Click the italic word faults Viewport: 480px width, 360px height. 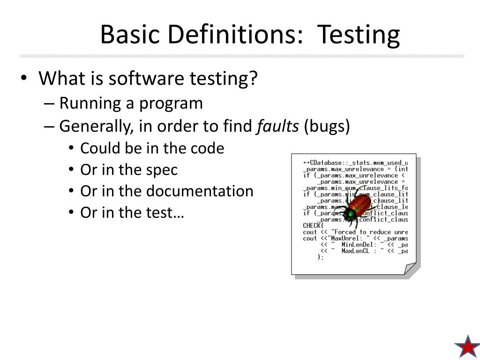click(x=277, y=127)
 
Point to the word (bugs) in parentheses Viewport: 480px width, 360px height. click(x=327, y=127)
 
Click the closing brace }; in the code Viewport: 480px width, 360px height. click(x=321, y=257)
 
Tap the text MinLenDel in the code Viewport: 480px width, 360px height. click(x=357, y=244)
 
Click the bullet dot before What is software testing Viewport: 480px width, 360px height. click(x=24, y=79)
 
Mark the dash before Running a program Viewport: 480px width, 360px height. click(x=52, y=104)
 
